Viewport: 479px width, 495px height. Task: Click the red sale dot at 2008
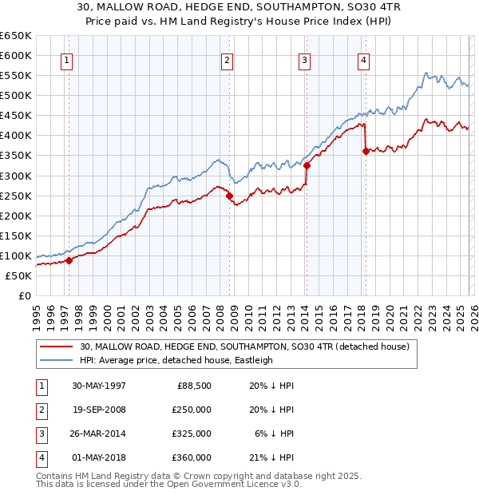(x=229, y=195)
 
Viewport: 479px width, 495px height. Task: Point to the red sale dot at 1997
(x=69, y=259)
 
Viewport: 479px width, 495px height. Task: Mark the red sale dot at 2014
(x=307, y=165)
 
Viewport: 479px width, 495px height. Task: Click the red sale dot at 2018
(x=366, y=151)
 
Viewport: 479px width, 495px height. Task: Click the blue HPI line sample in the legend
(x=57, y=360)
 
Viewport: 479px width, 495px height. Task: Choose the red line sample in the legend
(x=57, y=346)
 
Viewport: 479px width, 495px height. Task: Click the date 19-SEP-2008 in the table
(x=99, y=410)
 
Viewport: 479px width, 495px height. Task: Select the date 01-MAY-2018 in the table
(x=99, y=457)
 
